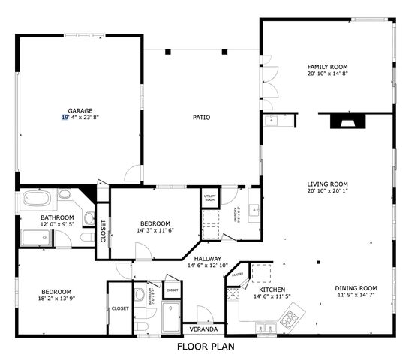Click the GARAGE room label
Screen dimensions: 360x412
80,110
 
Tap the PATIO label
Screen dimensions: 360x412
201,117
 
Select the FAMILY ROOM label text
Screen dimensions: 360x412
327,66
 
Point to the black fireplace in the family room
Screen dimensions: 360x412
344,121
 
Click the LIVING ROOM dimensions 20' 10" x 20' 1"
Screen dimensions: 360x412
327,191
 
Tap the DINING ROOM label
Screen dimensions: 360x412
356,288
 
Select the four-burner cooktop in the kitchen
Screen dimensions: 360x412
289,319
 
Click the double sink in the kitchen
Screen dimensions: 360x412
263,326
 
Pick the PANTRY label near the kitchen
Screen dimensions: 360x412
237,274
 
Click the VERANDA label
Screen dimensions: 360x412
203,329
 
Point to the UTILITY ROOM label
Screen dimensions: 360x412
210,199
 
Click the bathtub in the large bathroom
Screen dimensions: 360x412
35,200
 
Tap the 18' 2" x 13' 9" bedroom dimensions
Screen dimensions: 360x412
56,299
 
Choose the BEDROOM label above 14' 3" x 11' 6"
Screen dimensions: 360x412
155,223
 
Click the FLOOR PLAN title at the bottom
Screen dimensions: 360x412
206,346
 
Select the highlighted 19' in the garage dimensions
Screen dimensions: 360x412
65,118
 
